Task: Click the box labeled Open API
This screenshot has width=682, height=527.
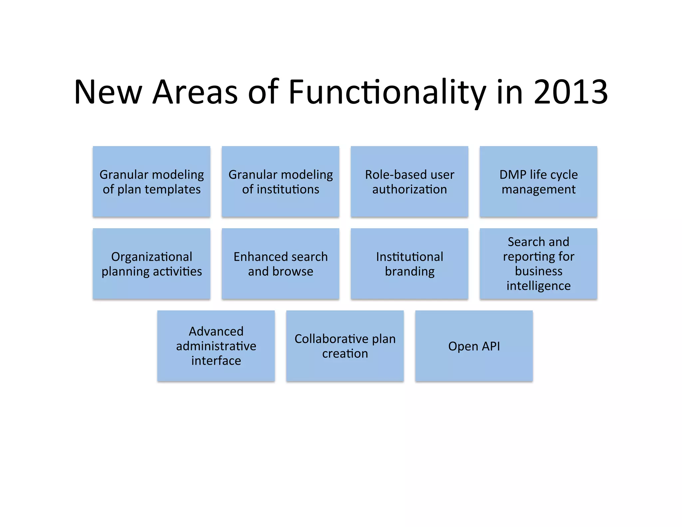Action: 474,346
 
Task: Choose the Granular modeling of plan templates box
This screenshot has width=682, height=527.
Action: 152,182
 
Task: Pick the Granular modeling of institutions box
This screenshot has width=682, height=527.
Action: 280,182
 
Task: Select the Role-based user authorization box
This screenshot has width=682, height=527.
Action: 409,182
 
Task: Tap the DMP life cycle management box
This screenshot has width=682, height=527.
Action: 538,182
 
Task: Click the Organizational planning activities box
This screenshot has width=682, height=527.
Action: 152,264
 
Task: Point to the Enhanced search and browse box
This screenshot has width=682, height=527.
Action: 280,264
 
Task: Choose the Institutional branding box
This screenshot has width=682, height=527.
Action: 409,264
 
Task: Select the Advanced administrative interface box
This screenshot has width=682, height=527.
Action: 216,346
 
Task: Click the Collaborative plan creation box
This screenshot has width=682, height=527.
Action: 345,346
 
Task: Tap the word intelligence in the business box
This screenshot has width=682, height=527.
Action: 538,286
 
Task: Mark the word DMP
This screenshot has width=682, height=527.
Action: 513,175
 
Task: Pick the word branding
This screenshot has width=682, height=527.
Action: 410,271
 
